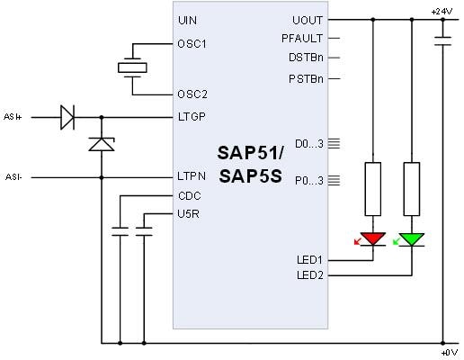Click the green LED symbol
click(x=412, y=239)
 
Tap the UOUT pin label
click(x=308, y=20)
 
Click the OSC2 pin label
click(x=192, y=94)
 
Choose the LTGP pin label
click(x=192, y=116)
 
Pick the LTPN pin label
click(x=192, y=177)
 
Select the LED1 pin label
click(x=310, y=259)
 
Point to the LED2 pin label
click(x=310, y=274)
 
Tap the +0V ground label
click(x=447, y=352)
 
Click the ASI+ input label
click(x=13, y=116)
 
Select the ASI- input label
click(x=13, y=177)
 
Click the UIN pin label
click(x=187, y=20)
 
